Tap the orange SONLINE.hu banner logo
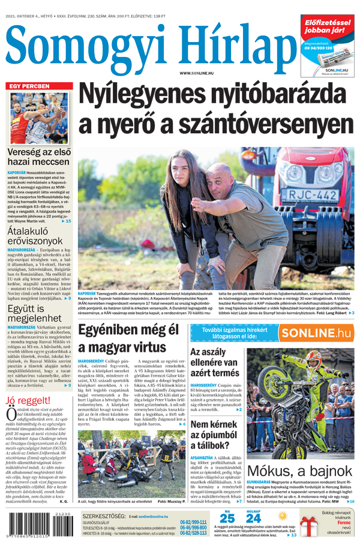316,334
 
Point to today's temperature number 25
227,518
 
